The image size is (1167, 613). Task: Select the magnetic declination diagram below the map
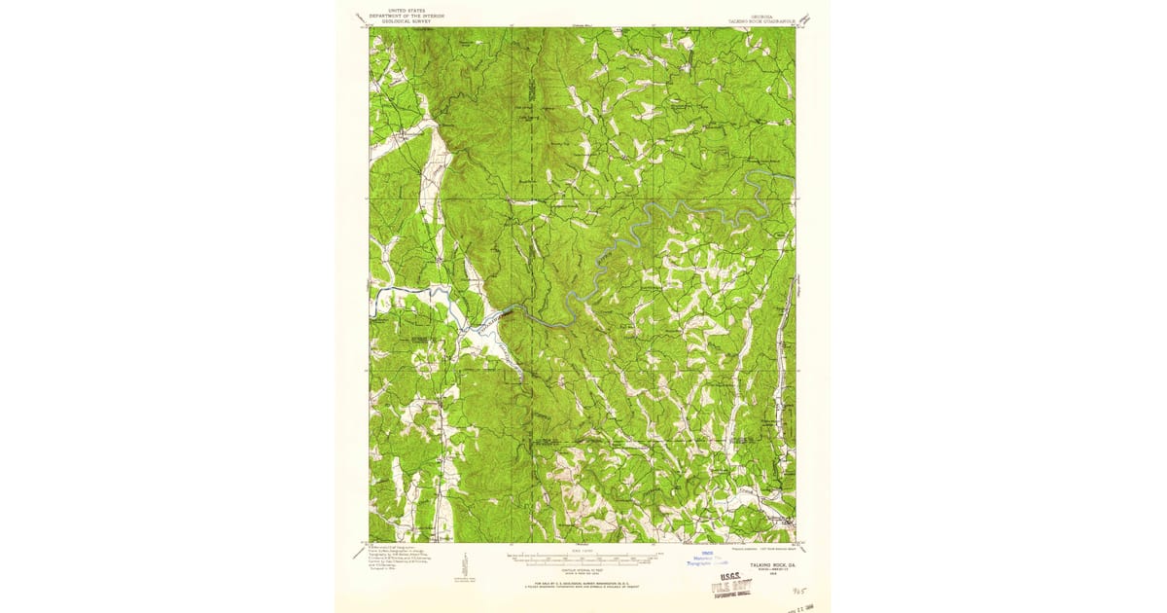pyautogui.click(x=465, y=564)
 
